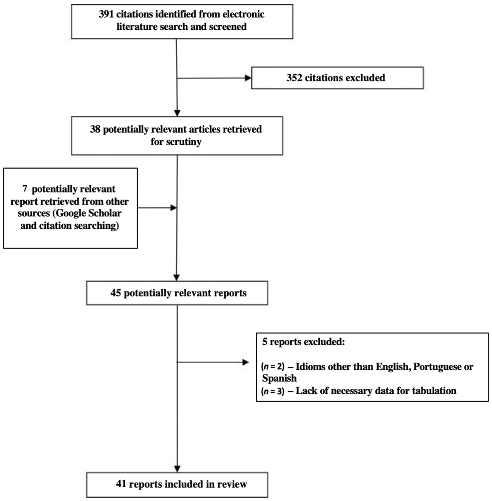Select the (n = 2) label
[x=273, y=367]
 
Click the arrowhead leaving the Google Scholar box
[x=173, y=208]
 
